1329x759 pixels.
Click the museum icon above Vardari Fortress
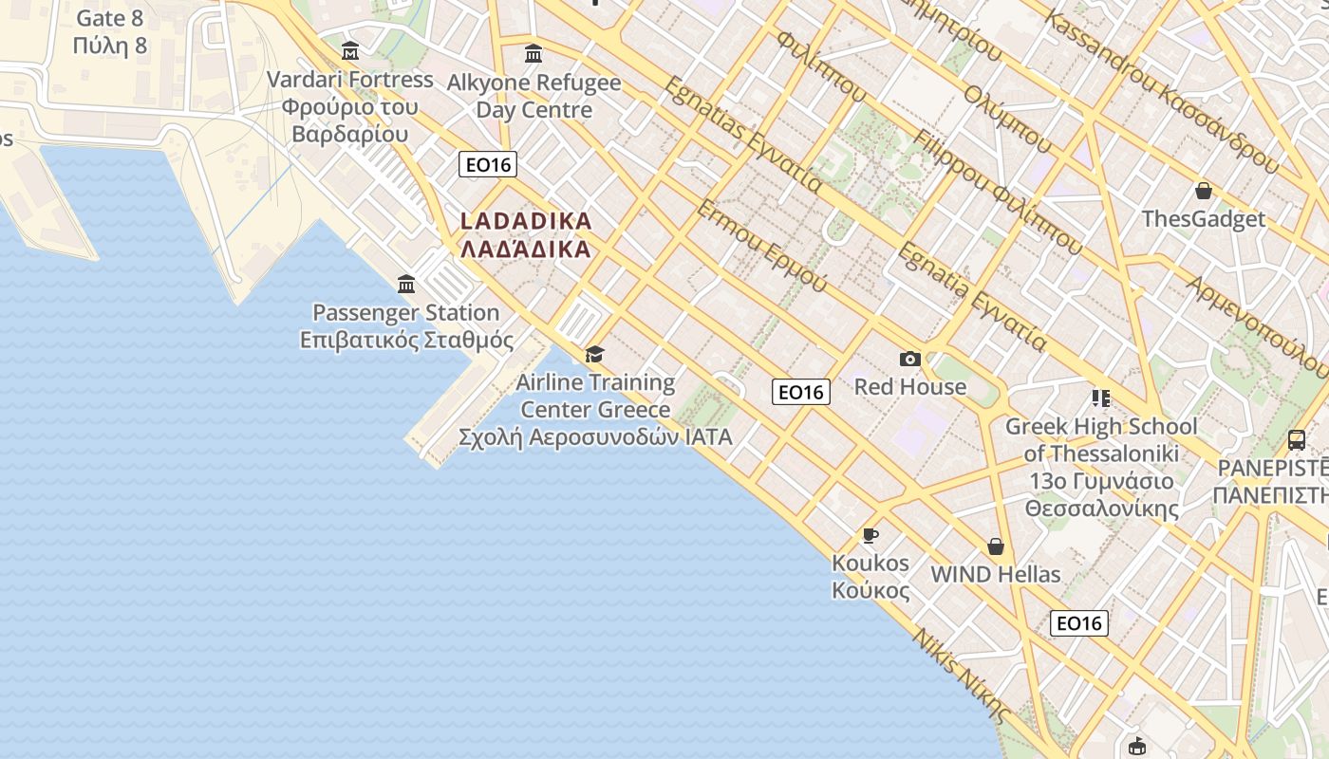[350, 50]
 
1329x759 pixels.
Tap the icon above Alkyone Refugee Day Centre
[533, 53]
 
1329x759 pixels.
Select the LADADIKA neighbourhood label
[526, 234]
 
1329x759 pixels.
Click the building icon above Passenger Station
[406, 284]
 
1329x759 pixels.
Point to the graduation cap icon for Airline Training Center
[594, 355]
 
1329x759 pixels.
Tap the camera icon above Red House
[910, 359]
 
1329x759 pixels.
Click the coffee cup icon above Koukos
[870, 536]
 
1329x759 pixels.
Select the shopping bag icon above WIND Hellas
[995, 546]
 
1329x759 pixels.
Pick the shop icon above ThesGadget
[1204, 191]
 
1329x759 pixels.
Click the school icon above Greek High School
[1101, 398]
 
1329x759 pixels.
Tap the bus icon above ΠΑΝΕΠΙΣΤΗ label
[1297, 439]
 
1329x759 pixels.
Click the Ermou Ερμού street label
[760, 246]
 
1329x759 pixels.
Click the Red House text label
[910, 387]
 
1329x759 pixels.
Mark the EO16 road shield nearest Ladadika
[488, 165]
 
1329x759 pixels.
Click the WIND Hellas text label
[995, 575]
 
